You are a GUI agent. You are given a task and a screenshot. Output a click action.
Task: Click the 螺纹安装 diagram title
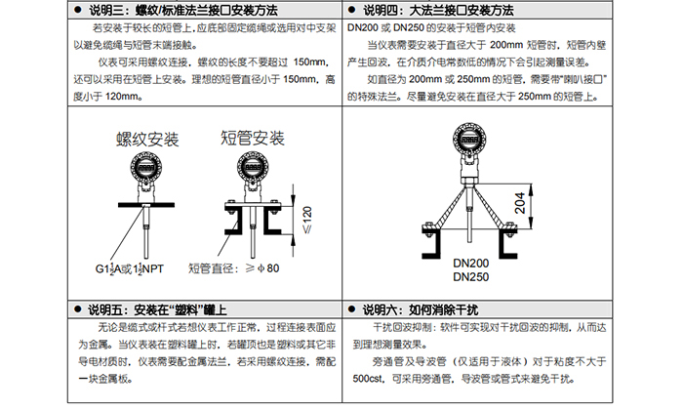tap(147, 140)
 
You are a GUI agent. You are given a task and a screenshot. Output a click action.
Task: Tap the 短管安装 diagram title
tap(253, 138)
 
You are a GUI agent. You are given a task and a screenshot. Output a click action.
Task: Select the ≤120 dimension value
tap(307, 220)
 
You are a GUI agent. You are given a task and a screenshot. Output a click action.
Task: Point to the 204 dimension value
tap(520, 203)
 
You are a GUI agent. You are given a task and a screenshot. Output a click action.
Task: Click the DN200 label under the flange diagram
tap(471, 264)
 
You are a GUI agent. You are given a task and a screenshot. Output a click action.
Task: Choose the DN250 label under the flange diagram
tap(471, 277)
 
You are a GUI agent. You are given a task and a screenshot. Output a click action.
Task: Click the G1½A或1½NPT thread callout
tap(130, 268)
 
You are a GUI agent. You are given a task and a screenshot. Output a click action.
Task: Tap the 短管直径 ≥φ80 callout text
tap(233, 268)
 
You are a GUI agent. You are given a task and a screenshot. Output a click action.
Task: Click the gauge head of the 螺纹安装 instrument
tap(146, 167)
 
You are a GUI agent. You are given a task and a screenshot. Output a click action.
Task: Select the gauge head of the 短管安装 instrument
tap(253, 167)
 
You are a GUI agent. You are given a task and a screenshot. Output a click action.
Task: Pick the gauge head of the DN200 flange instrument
tap(469, 139)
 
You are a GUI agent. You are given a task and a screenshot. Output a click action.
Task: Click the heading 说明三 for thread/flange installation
tap(183, 10)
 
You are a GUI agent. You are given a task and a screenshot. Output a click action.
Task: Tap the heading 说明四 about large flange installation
tap(438, 10)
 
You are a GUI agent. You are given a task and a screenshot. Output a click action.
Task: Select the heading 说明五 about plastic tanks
tap(157, 309)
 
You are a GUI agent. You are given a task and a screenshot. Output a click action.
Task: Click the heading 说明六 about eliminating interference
tap(421, 309)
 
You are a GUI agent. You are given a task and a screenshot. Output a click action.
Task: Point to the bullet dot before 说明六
tap(352, 309)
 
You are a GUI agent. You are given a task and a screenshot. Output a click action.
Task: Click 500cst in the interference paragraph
tap(368, 379)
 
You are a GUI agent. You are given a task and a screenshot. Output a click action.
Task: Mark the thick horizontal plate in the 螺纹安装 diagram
tap(146, 205)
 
